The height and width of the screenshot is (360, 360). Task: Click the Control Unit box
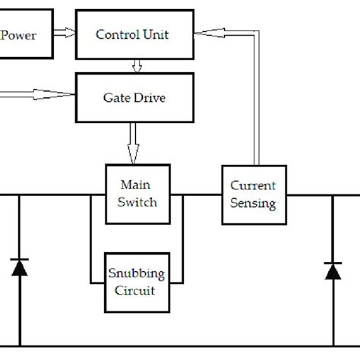click(134, 34)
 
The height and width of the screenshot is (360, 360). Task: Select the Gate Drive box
click(134, 98)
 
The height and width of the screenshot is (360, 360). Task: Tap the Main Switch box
click(137, 193)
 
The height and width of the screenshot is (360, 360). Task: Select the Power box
click(26, 34)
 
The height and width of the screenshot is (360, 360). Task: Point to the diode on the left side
click(20, 267)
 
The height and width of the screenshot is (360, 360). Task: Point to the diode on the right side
click(332, 271)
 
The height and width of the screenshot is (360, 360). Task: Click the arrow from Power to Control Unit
click(64, 34)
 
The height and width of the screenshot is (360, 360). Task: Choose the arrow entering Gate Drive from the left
click(38, 96)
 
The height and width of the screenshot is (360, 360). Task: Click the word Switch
click(137, 202)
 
